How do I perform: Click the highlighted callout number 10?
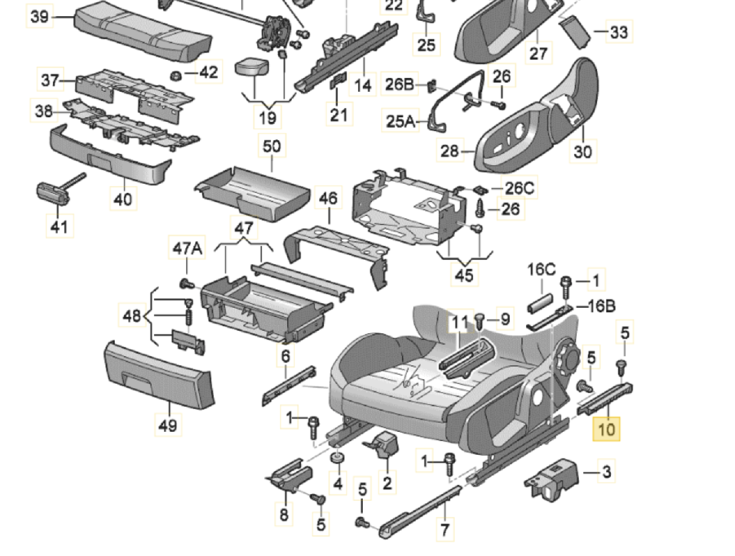click(x=606, y=428)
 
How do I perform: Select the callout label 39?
click(x=40, y=17)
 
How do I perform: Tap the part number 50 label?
click(x=272, y=146)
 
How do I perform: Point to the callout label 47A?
click(x=187, y=249)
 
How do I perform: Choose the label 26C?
click(x=519, y=187)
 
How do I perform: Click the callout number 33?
click(x=618, y=32)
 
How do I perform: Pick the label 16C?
click(x=542, y=269)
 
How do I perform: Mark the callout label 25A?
click(x=400, y=121)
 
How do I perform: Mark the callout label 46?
click(x=328, y=199)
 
